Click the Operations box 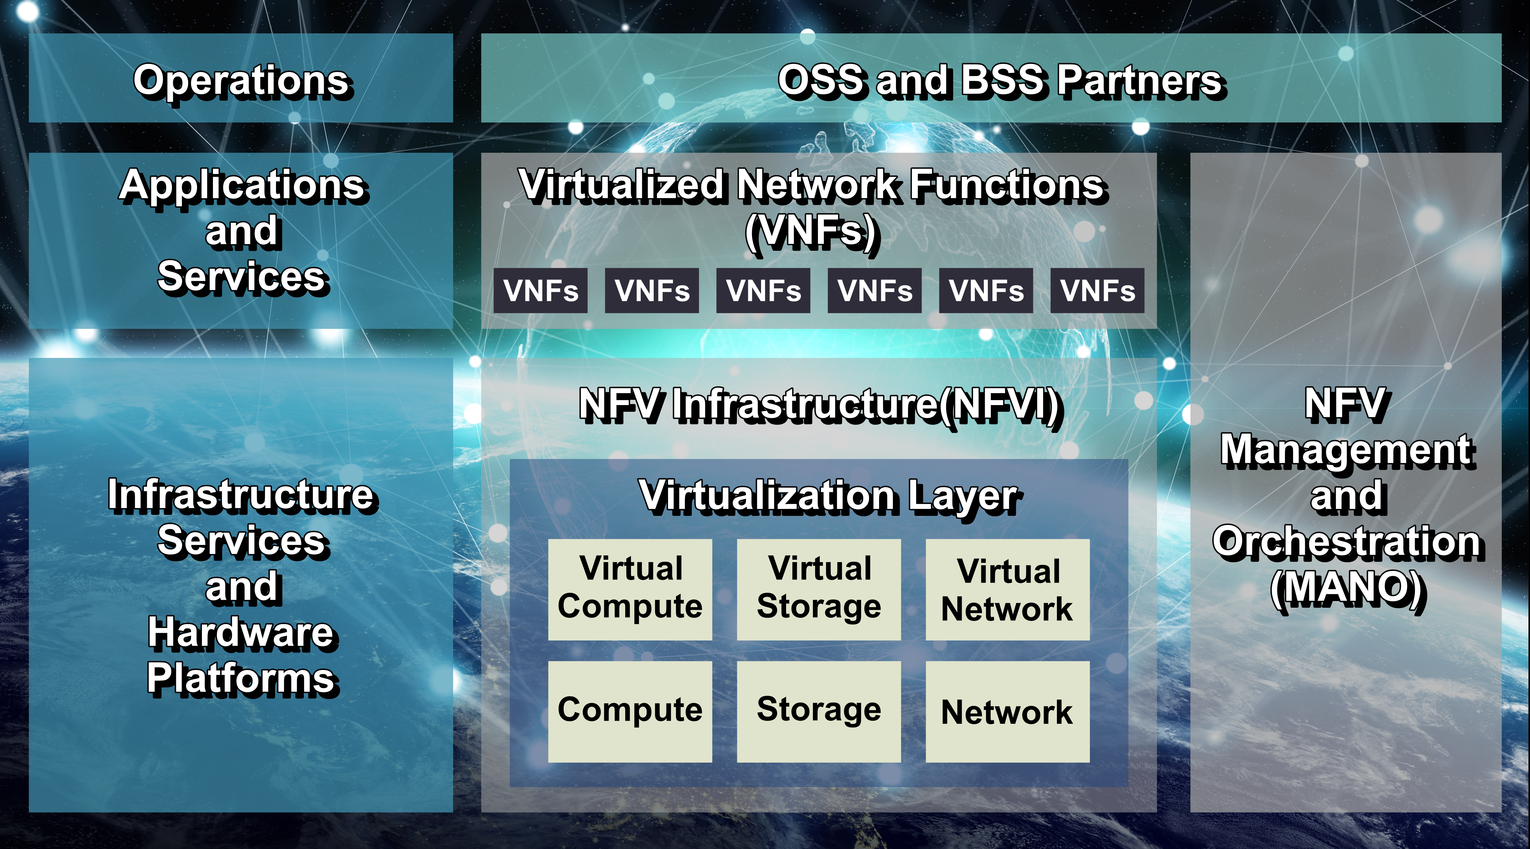(x=241, y=78)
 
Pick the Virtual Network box (x=1007, y=589)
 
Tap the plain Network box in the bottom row (x=1007, y=711)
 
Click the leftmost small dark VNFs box (x=540, y=291)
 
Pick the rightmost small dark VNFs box (x=1097, y=291)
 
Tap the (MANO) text (x=1347, y=588)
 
